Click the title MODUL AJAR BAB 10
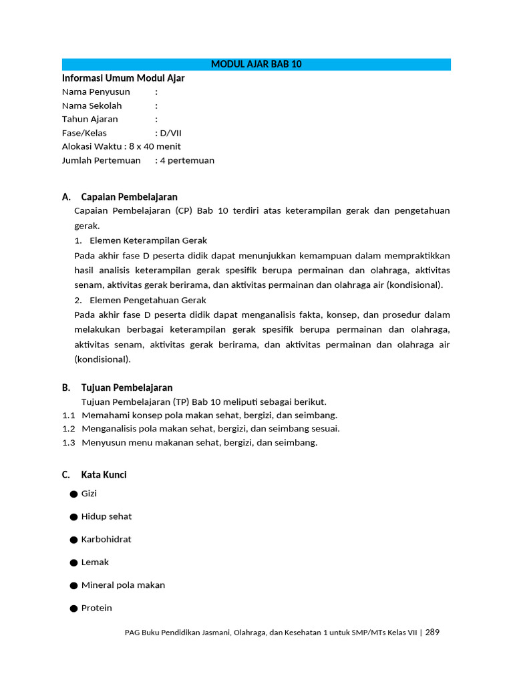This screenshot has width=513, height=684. point(256,64)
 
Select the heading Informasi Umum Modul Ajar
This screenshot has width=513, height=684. point(123,78)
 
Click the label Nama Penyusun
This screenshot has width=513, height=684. point(96,92)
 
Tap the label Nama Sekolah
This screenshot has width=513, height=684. point(92,106)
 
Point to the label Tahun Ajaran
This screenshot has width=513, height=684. point(90,119)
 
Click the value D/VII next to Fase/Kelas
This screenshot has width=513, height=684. point(170,133)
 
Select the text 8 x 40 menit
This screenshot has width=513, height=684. point(155,146)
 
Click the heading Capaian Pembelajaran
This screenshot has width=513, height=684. point(129,197)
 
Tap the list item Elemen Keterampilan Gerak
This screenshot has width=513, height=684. point(148,240)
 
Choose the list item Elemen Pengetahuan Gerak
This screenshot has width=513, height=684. point(148,300)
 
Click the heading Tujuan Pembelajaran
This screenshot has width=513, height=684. point(127,387)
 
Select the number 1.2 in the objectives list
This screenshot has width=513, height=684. point(69,429)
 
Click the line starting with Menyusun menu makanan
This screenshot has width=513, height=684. point(199,442)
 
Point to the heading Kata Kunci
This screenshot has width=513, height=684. point(104,475)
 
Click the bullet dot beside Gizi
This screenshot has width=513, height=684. point(73,494)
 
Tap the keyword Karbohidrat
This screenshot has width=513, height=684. point(106,539)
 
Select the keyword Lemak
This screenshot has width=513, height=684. point(95,562)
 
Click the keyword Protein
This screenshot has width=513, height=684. point(97,608)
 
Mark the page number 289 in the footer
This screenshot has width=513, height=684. point(432,633)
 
